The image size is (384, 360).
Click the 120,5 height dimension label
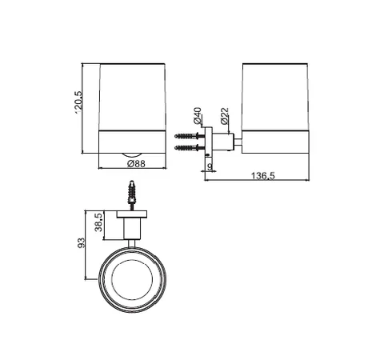pyautogui.click(x=78, y=102)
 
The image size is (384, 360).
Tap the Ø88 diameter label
pyautogui.click(x=136, y=164)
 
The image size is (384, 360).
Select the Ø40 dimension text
pyautogui.click(x=197, y=116)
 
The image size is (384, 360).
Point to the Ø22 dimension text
pyautogui.click(x=225, y=116)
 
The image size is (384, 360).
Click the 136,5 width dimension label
pyautogui.click(x=262, y=176)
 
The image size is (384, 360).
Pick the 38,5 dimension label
pyautogui.click(x=98, y=222)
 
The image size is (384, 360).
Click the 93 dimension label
pyautogui.click(x=81, y=242)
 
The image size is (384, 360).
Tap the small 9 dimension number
pyautogui.click(x=210, y=166)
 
